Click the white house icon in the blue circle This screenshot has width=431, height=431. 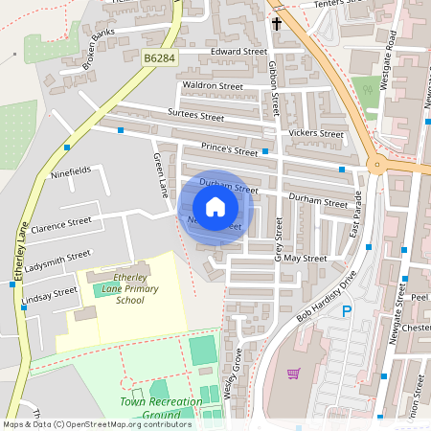tap(215, 206)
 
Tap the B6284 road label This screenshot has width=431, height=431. tap(161, 59)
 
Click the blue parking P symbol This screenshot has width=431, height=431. tap(348, 310)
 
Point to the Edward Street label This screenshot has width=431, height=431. tap(238, 51)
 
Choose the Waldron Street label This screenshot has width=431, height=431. tap(213, 85)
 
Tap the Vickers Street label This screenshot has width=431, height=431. tap(316, 133)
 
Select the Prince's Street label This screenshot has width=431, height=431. tap(230, 149)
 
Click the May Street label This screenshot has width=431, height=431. tap(306, 259)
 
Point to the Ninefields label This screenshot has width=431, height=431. tap(72, 171)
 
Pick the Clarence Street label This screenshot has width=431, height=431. tap(60, 226)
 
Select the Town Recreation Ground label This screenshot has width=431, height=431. tap(161, 409)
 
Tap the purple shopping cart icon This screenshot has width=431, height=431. tap(294, 374)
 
